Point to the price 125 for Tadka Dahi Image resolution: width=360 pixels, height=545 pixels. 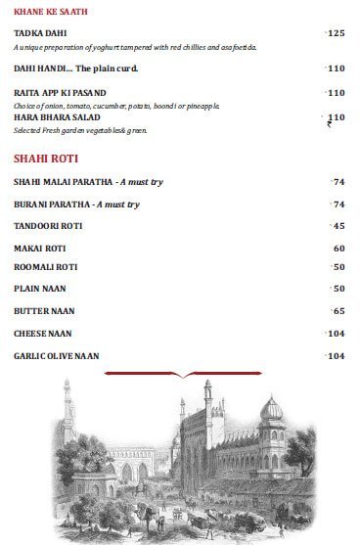point(337,33)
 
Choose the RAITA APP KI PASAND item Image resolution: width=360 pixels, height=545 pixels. point(61,93)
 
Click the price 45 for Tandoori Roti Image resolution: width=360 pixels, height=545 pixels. point(338,226)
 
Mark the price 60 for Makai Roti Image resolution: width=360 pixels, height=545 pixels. point(338,248)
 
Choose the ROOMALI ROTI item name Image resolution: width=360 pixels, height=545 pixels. point(45,267)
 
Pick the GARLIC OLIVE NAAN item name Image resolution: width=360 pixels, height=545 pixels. point(57,355)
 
